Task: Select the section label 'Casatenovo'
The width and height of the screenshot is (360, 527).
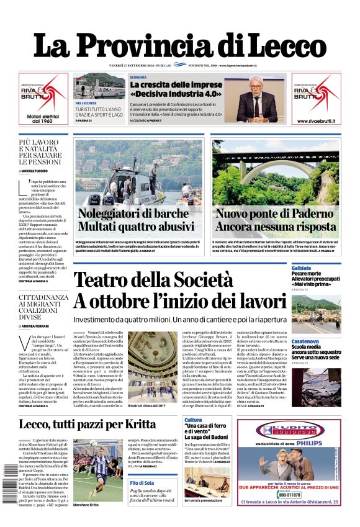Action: (x=305, y=341)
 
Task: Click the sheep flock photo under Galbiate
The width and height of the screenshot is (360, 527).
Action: (x=315, y=310)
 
